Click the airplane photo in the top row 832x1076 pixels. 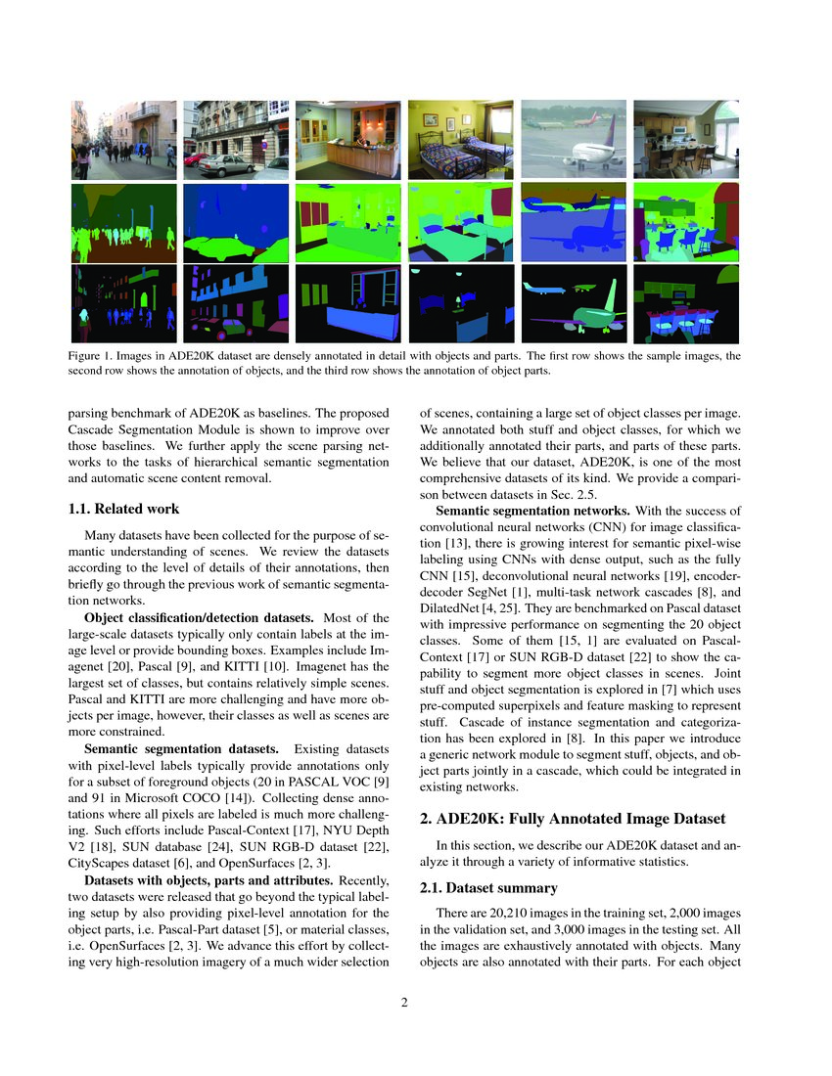point(573,140)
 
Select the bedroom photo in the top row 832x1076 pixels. point(460,140)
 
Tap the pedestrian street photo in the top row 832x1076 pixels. point(123,140)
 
